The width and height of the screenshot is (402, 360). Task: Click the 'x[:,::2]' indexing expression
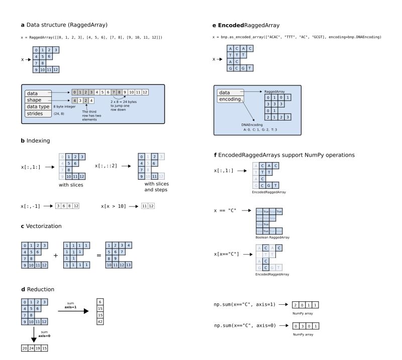(105, 165)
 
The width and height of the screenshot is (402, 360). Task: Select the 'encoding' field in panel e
(230, 99)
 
